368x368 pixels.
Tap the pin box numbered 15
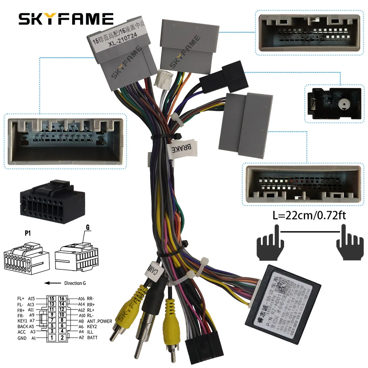(52, 298)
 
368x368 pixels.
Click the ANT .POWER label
(100, 321)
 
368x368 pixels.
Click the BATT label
(92, 337)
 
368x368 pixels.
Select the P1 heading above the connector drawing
(28, 233)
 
